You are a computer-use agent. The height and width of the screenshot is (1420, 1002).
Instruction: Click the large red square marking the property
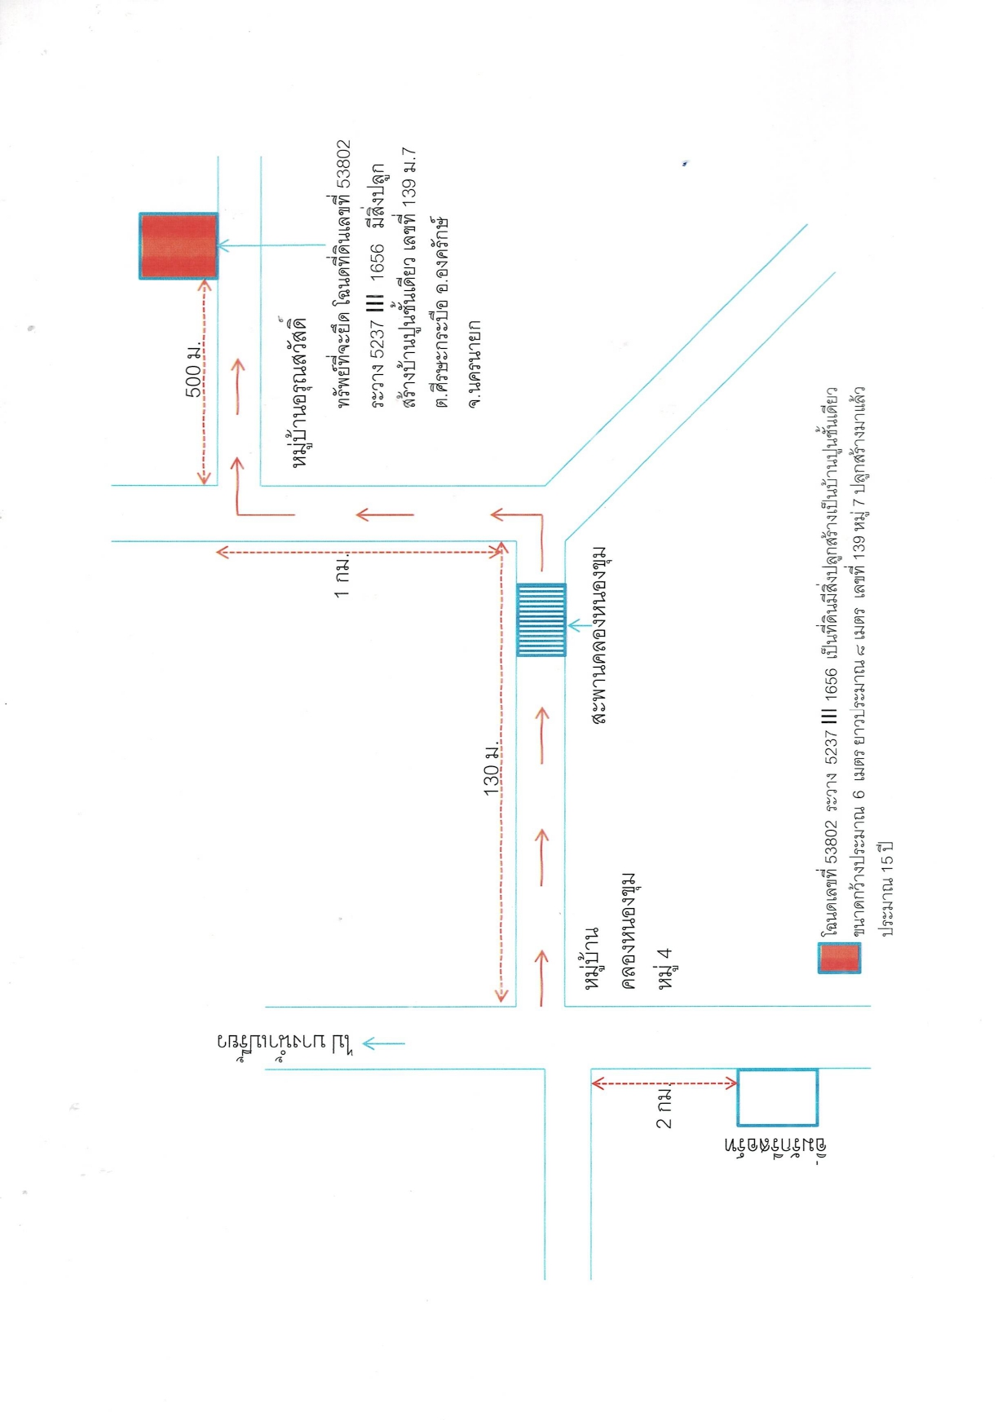179,246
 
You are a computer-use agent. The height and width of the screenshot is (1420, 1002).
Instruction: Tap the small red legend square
840,958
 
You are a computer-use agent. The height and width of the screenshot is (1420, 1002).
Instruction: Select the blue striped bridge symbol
541,620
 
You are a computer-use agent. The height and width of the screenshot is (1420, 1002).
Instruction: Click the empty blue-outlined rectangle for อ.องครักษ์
777,1097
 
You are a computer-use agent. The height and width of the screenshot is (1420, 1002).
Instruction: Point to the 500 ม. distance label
195,370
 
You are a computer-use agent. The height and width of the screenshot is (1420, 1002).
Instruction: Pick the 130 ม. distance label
492,769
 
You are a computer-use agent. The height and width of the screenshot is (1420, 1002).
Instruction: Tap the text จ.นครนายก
475,364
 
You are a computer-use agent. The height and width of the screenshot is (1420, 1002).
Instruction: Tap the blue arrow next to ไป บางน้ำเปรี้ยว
383,1043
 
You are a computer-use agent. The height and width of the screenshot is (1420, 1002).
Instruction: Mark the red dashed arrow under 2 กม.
664,1083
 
